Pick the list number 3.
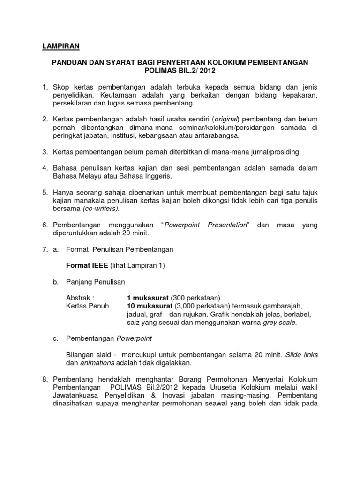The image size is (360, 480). pyautogui.click(x=45, y=152)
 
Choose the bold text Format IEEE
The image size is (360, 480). pyautogui.click(x=88, y=266)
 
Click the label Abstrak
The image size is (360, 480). pyautogui.click(x=80, y=298)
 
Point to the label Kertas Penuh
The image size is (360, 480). pyautogui.click(x=90, y=306)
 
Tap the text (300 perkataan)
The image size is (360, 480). pyautogui.click(x=195, y=298)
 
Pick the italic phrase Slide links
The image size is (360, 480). pyautogui.click(x=300, y=355)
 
